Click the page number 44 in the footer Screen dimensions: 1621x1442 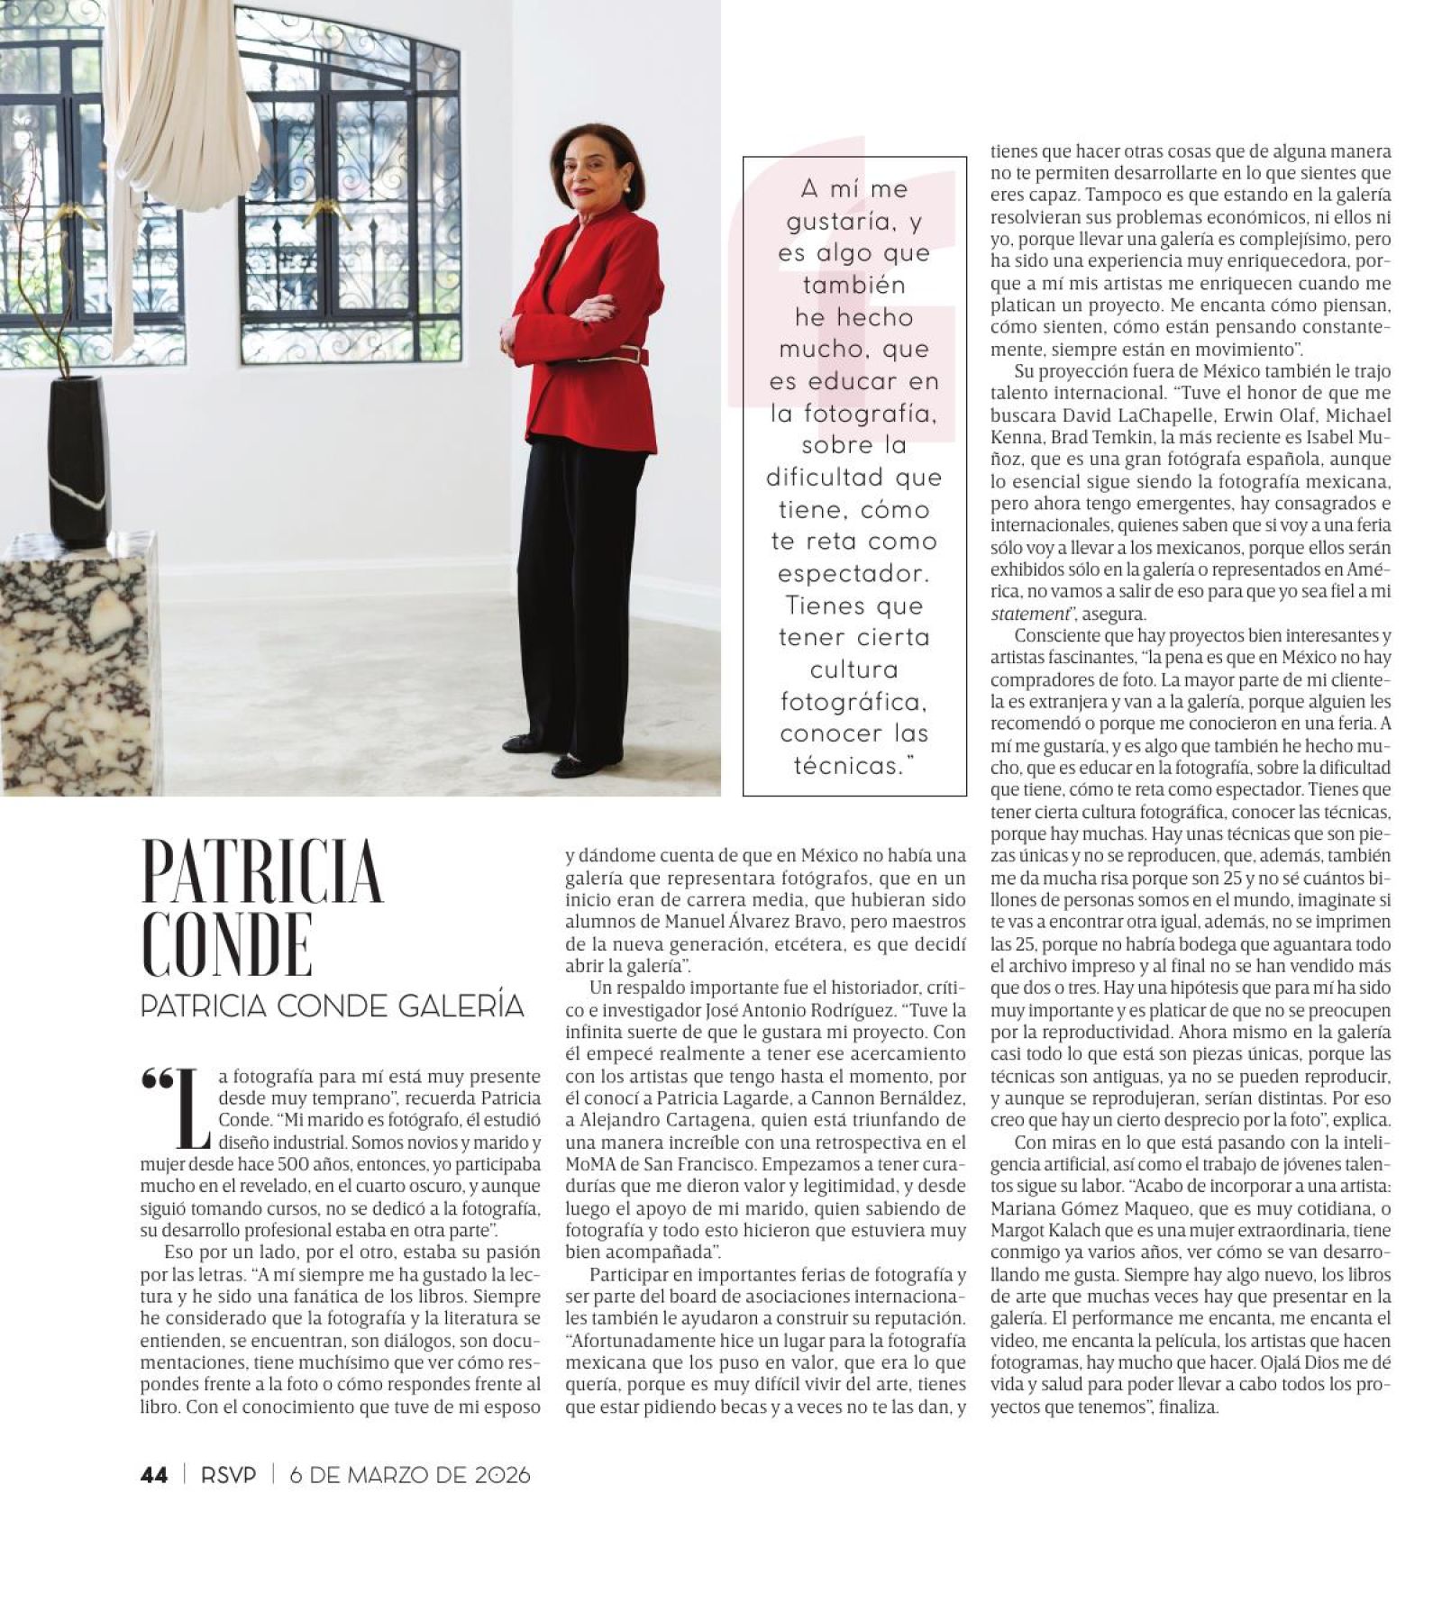click(x=154, y=1475)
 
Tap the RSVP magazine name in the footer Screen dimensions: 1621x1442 click(x=229, y=1475)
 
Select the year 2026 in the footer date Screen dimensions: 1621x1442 click(x=502, y=1475)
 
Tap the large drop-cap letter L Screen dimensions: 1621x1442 click(x=192, y=1109)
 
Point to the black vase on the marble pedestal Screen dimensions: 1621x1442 click(x=78, y=460)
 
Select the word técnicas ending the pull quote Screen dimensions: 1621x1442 click(x=847, y=766)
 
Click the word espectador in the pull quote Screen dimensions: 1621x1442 click(x=853, y=573)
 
